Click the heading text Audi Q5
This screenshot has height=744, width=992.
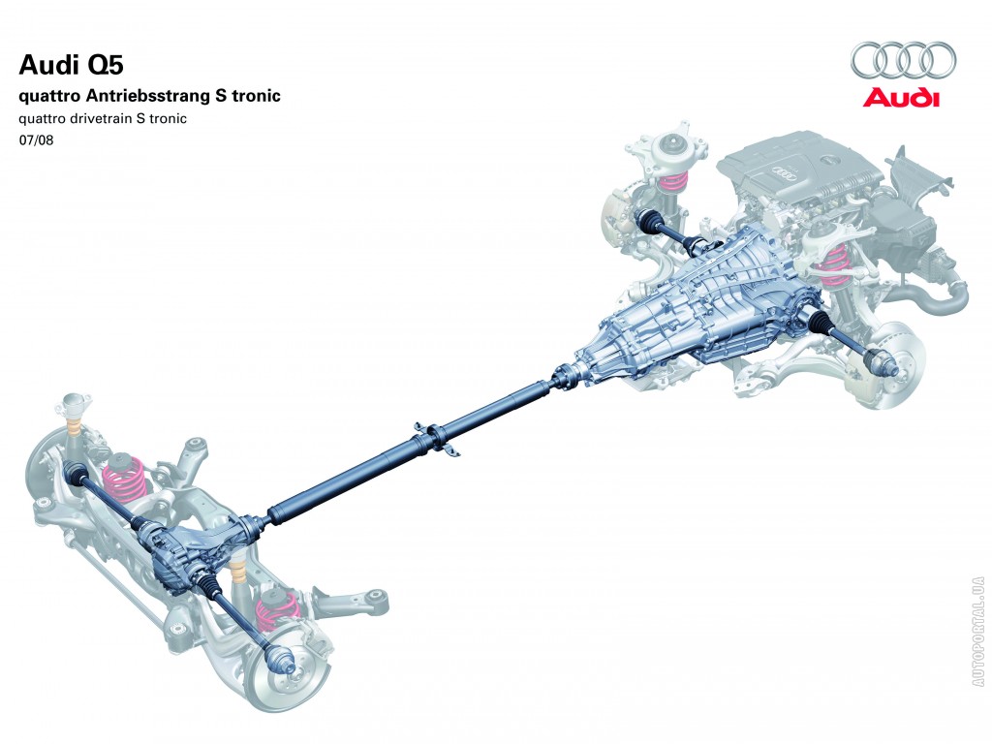coord(72,65)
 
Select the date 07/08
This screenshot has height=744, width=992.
coord(36,139)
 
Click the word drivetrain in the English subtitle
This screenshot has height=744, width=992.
coord(101,118)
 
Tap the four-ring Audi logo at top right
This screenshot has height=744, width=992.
coord(902,61)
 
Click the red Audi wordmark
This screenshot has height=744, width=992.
coord(902,98)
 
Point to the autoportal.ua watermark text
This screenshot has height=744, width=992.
coord(979,631)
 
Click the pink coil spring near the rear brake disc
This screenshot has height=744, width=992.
coord(277,610)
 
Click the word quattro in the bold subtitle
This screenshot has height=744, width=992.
coord(49,97)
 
